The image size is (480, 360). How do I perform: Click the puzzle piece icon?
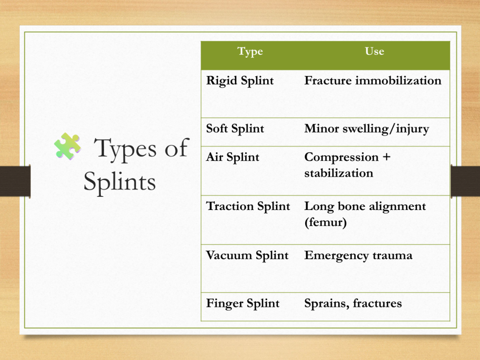tap(67, 146)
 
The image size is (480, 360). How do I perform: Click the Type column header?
tap(250, 52)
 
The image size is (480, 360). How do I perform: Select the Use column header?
tap(375, 51)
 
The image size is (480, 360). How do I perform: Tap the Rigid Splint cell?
tap(240, 81)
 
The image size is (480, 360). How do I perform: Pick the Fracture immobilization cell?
tap(373, 81)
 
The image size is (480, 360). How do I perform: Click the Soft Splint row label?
tap(235, 129)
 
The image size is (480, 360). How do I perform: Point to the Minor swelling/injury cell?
tap(367, 129)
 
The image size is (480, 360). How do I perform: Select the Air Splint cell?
tap(232, 157)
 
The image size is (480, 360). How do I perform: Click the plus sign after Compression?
tap(386, 157)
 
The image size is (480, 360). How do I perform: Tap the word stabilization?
tap(338, 173)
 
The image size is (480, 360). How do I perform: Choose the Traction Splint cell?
tap(248, 207)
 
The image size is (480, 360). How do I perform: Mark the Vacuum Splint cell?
tap(247, 255)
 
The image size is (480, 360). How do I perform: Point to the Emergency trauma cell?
tap(358, 256)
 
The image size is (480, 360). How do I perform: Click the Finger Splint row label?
tap(243, 304)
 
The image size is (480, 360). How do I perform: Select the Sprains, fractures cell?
tap(353, 304)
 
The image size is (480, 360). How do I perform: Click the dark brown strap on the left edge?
tap(15, 181)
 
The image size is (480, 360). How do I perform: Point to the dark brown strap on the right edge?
tap(465, 181)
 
